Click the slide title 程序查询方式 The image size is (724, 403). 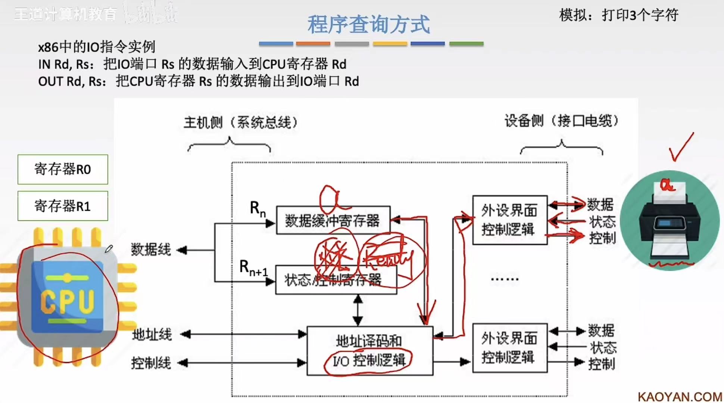coord(368,24)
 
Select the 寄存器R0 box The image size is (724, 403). coord(63,169)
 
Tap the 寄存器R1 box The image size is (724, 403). coord(63,206)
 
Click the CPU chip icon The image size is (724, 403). coord(67,297)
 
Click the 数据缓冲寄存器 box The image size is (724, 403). coord(333,220)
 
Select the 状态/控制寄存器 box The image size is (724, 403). coord(336,280)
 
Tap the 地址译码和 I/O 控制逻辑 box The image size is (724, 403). coord(369,351)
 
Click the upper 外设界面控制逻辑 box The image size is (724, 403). coord(509,220)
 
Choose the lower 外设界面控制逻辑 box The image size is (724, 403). coord(509,348)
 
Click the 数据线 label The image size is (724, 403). coord(151,249)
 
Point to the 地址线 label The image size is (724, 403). coord(152,334)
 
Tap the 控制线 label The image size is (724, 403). coord(151,363)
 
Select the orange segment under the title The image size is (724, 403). coord(313,44)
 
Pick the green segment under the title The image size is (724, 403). coord(466,44)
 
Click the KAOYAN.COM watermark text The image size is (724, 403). coord(680,397)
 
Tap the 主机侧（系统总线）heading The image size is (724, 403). coord(240,122)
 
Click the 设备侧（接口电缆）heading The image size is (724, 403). coord(561,121)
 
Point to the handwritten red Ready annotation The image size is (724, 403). coord(388,258)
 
